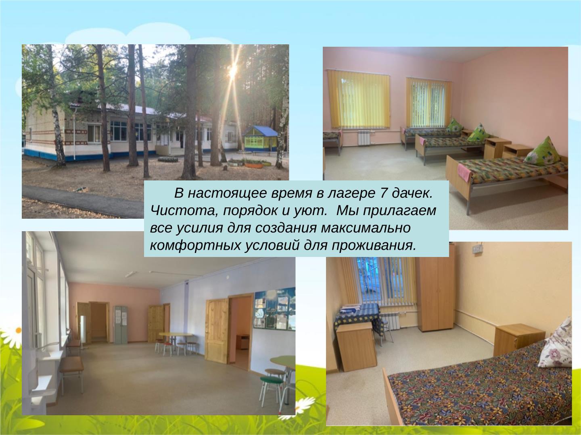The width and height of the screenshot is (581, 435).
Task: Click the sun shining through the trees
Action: click(x=233, y=72)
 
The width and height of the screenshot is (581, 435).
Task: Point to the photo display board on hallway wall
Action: click(x=274, y=308)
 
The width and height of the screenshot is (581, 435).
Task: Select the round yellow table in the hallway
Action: click(x=176, y=335)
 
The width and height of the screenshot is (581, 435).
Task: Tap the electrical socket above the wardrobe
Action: click(x=478, y=250)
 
